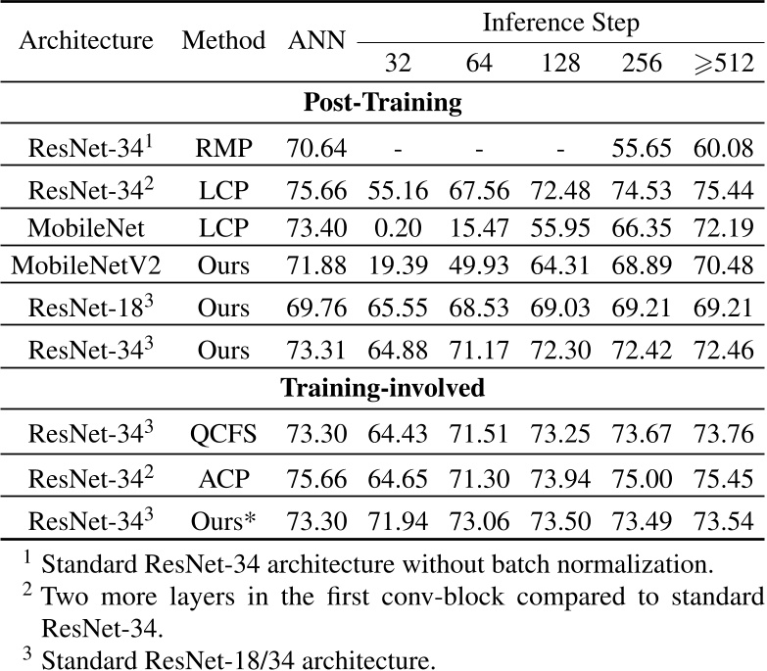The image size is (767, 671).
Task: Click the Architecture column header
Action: click(87, 41)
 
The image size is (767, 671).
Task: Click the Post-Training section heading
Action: click(383, 103)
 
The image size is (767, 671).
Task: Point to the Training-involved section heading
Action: click(383, 388)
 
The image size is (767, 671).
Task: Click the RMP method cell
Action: click(224, 149)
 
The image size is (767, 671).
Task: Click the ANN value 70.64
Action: click(315, 149)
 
